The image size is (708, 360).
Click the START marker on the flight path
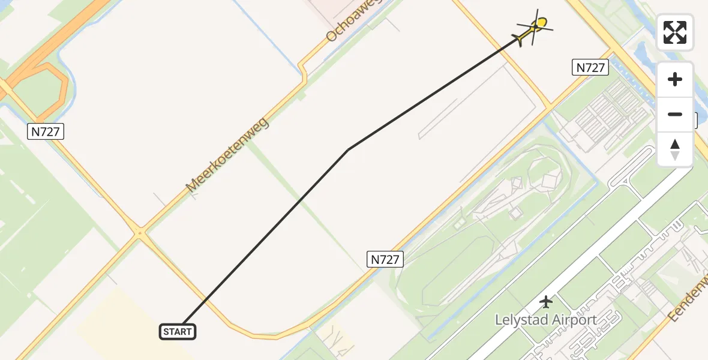click(178, 331)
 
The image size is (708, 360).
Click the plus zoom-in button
click(675, 79)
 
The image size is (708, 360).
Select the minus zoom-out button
click(675, 114)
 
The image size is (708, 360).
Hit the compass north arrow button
click(675, 149)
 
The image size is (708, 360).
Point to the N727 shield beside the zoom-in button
click(590, 68)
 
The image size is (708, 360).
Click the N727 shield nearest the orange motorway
click(46, 132)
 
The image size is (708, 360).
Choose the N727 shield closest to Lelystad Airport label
click(385, 259)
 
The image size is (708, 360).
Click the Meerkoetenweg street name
click(227, 155)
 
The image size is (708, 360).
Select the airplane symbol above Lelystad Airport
click(545, 301)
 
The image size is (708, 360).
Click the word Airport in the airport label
click(575, 320)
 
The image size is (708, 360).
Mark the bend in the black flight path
click(348, 149)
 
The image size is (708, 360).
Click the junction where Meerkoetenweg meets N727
click(140, 232)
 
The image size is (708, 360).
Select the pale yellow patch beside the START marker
click(114, 324)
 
